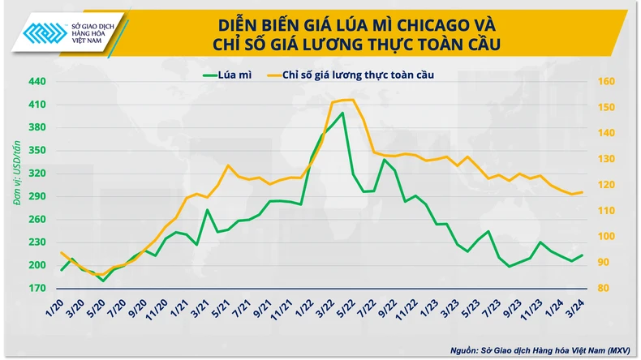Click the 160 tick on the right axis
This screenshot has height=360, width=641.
point(607,82)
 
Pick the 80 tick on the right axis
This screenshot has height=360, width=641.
point(605,288)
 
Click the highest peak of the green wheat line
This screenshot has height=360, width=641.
point(342,114)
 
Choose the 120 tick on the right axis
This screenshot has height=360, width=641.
point(606,185)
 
